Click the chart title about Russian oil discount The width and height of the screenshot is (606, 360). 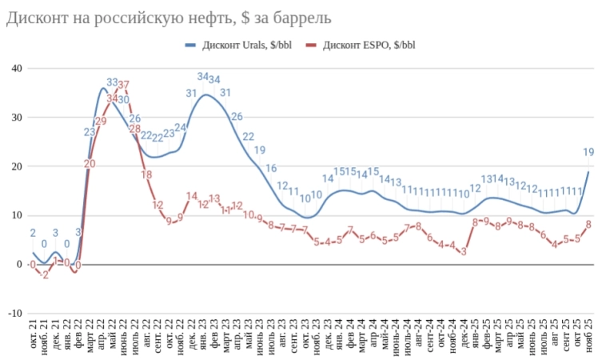point(169,17)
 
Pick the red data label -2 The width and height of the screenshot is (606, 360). point(45,274)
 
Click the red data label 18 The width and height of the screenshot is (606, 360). point(146,175)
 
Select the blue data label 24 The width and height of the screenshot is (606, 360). point(181,127)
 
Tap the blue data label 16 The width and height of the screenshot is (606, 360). point(271,168)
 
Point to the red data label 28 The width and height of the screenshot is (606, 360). point(135,129)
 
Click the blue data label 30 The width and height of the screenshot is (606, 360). point(124,100)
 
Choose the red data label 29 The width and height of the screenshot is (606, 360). point(101,122)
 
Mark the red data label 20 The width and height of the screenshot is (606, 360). point(90,164)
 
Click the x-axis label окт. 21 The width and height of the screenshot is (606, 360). point(34,334)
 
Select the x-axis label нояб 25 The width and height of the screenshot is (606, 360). point(589,334)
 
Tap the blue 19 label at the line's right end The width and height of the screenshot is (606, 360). point(588,152)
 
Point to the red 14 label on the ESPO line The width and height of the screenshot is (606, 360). point(192,196)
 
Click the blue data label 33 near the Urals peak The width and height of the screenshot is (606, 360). point(112,82)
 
